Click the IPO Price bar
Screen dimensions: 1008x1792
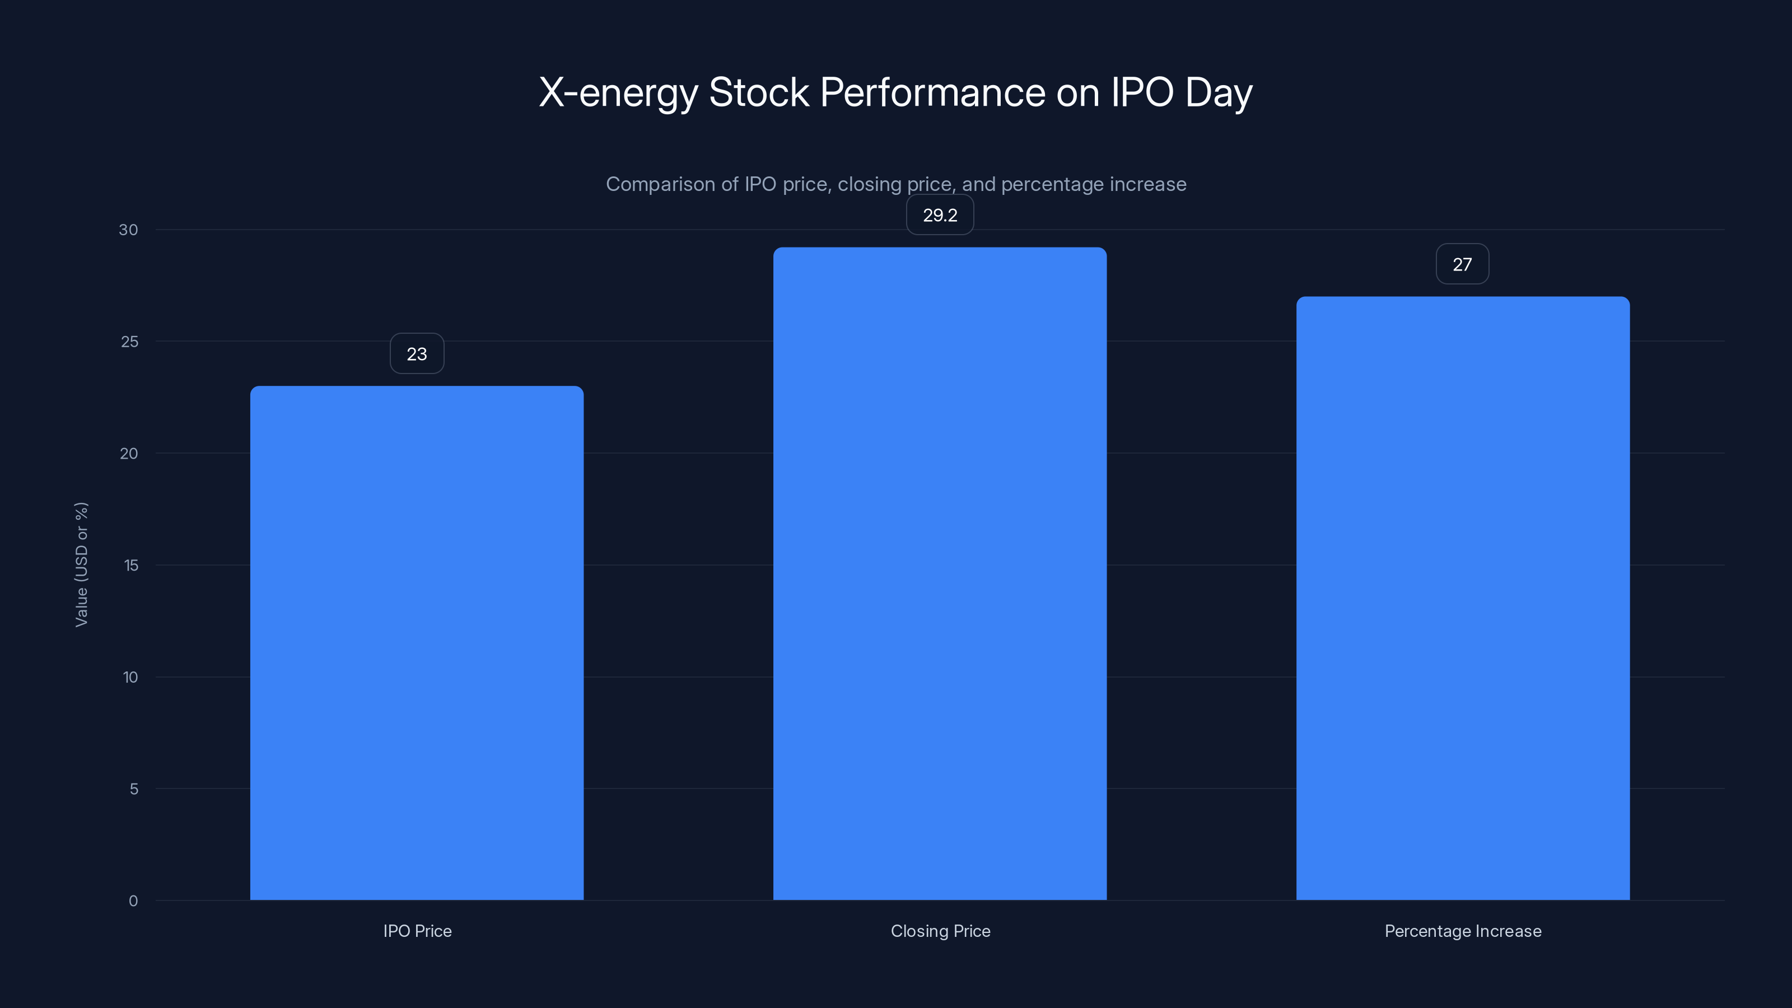click(417, 643)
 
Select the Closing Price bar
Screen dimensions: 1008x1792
click(940, 573)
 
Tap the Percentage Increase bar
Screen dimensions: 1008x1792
click(1462, 598)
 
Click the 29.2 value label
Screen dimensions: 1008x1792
click(940, 216)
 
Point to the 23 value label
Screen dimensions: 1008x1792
click(417, 354)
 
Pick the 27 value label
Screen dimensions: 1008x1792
click(1462, 264)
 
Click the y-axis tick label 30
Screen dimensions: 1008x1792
click(128, 230)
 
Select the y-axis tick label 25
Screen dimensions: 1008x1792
click(129, 342)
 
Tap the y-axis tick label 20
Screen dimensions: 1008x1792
click(129, 454)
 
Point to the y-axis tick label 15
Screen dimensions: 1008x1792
click(131, 566)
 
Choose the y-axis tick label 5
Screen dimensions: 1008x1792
click(134, 789)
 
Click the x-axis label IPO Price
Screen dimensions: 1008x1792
click(417, 931)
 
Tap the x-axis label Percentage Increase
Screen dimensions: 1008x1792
click(1463, 931)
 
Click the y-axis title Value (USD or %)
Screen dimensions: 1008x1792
click(81, 564)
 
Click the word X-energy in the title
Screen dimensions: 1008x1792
click(618, 93)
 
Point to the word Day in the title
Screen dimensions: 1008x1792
click(1218, 93)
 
